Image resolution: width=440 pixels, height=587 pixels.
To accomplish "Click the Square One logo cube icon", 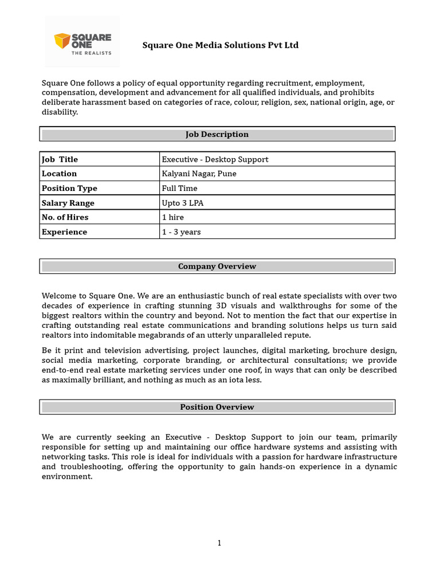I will [61, 41].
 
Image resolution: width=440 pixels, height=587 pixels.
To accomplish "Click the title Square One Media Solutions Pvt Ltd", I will [221, 45].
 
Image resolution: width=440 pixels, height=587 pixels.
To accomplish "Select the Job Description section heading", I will [217, 134].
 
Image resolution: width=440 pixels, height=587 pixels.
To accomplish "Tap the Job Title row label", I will [60, 159].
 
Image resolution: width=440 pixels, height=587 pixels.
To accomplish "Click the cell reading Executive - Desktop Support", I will [215, 159].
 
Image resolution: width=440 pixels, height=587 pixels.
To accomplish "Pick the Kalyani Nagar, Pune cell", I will [199, 174].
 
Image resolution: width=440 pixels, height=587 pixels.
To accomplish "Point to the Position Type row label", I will [69, 188].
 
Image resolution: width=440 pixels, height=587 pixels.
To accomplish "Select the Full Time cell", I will [179, 188].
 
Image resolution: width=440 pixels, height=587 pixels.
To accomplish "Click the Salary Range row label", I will [68, 203].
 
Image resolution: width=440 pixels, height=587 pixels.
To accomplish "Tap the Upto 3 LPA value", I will [182, 203].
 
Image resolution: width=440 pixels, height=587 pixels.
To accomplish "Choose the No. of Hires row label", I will [65, 217].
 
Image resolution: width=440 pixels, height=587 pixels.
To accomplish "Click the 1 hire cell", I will [173, 217].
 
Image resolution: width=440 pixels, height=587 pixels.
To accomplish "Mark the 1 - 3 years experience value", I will [181, 232].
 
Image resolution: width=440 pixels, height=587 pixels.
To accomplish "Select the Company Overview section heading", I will [217, 267].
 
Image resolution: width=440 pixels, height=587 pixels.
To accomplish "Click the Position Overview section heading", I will [217, 407].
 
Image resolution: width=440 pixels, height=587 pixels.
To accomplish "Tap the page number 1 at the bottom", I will [219, 543].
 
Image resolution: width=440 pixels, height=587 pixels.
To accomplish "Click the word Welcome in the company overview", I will [59, 296].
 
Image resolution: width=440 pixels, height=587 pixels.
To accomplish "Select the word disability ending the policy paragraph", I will [59, 112].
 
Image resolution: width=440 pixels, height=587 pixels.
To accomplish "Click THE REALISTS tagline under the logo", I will [91, 53].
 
